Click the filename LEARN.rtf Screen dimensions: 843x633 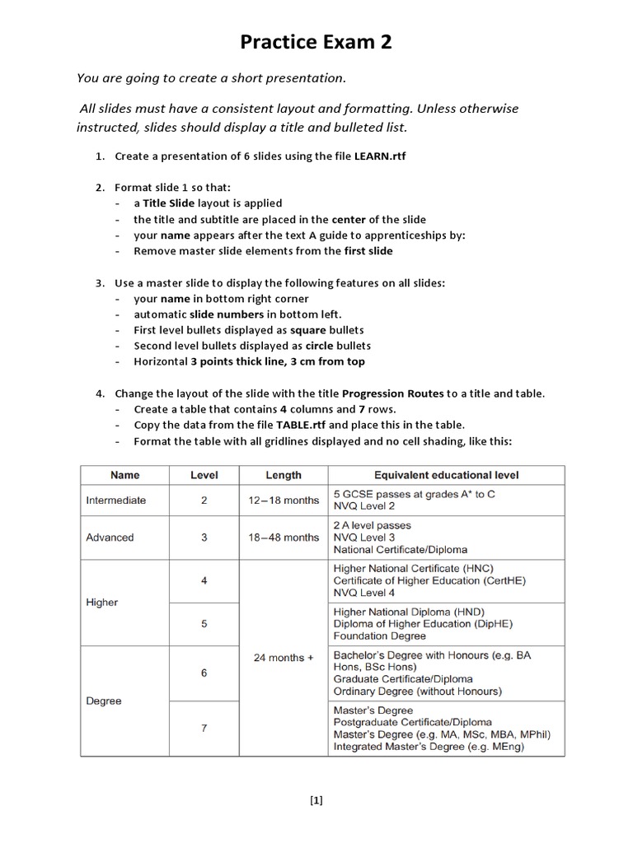click(381, 156)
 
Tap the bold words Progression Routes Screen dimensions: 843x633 click(392, 394)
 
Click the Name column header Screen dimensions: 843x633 click(124, 475)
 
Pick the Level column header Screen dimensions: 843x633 click(204, 475)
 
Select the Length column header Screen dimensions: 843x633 click(284, 475)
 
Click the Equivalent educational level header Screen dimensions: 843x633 click(446, 475)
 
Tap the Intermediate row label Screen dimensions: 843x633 click(115, 500)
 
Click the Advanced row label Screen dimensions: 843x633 click(110, 538)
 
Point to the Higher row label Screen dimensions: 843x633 click(101, 603)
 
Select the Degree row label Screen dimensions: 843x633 click(103, 701)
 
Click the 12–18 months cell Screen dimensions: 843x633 click(284, 501)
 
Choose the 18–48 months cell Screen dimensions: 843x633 click(284, 538)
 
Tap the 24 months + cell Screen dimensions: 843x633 click(284, 658)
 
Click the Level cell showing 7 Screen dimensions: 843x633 click(204, 729)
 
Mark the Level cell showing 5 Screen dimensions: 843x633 click(204, 624)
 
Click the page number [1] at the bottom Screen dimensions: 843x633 click(316, 799)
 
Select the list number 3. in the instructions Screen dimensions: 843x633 click(99, 283)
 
